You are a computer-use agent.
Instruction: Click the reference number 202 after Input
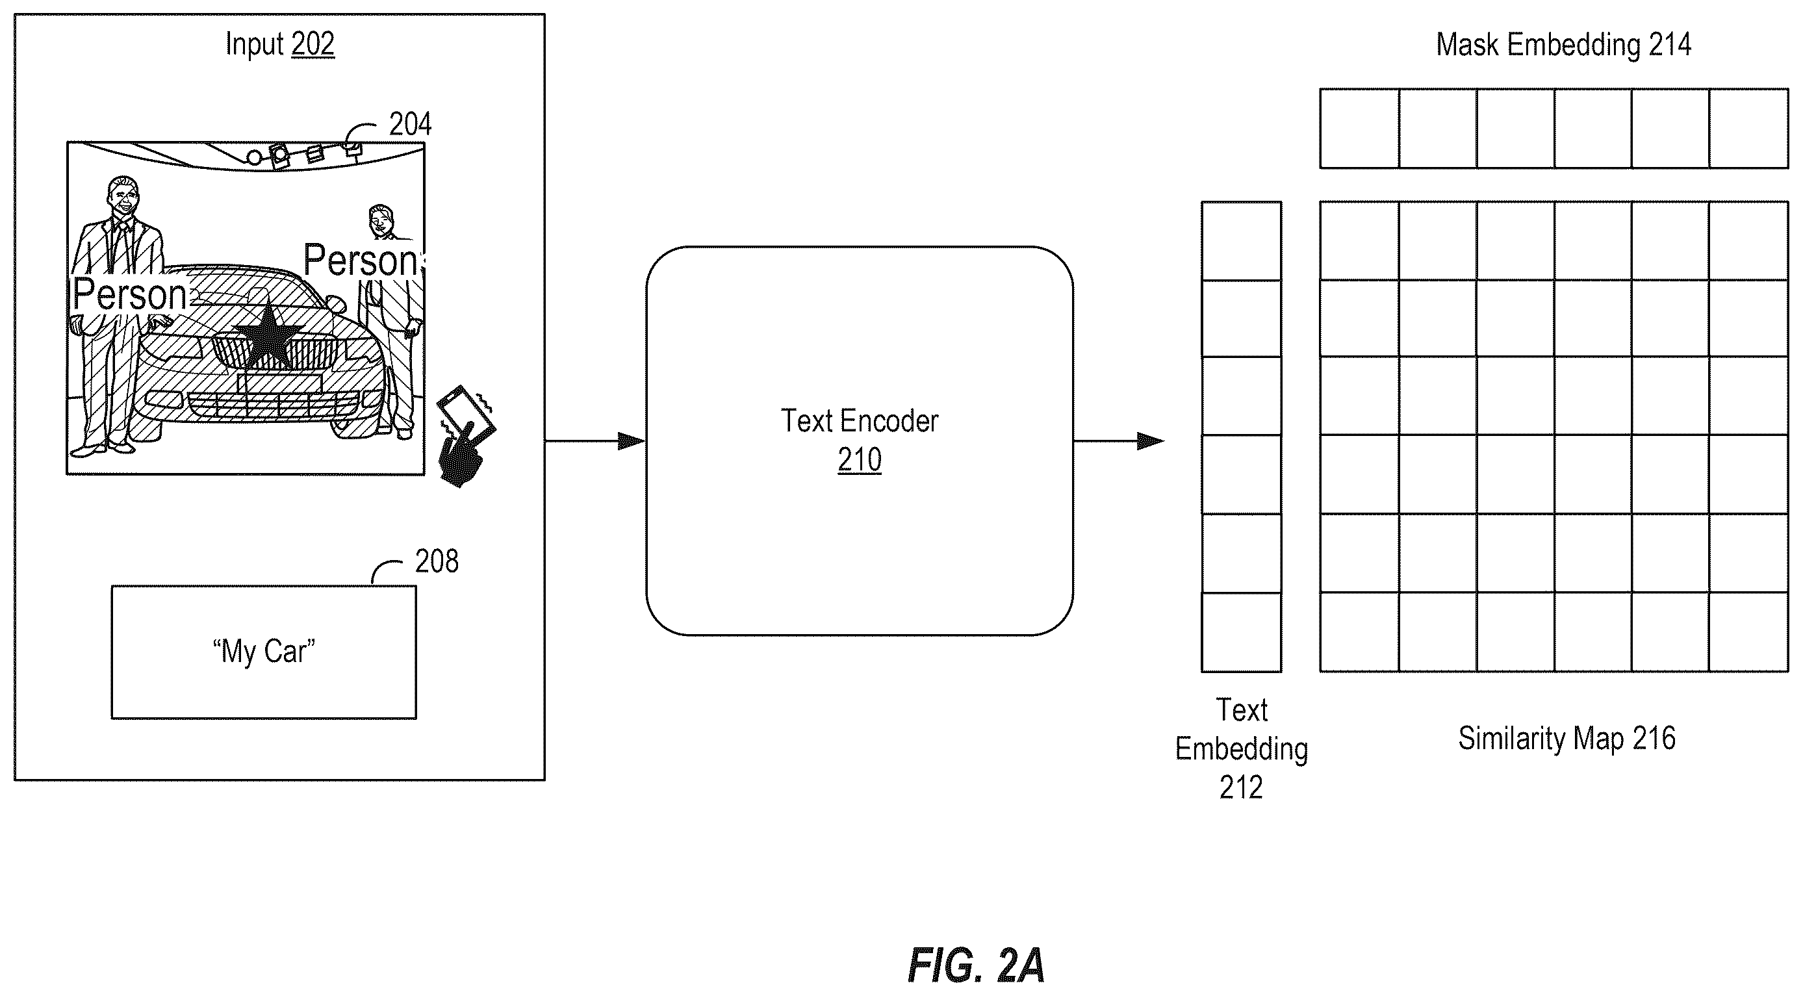click(313, 44)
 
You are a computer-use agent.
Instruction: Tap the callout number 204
click(410, 124)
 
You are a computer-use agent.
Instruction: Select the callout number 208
click(437, 561)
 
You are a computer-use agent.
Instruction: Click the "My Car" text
click(264, 651)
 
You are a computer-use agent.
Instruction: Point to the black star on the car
click(268, 337)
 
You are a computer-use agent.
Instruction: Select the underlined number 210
click(860, 460)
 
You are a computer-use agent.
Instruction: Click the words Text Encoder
click(860, 420)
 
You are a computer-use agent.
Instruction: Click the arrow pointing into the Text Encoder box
click(595, 441)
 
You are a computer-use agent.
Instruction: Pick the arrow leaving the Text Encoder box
click(1118, 441)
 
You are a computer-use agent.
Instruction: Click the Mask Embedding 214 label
click(1564, 45)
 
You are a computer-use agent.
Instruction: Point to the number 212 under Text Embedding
click(1241, 787)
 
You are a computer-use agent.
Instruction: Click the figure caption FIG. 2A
click(976, 965)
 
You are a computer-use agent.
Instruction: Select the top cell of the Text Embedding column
click(1242, 242)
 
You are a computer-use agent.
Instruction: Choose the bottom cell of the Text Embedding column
click(1242, 633)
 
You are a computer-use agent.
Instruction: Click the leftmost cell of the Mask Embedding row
click(1359, 129)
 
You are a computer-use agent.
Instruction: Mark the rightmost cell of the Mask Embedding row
click(1748, 129)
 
